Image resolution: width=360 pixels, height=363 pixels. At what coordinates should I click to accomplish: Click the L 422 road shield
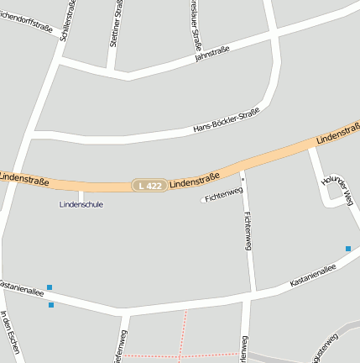[149, 185]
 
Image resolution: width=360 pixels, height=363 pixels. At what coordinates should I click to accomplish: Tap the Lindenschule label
[81, 204]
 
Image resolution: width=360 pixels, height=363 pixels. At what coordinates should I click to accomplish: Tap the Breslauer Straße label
[196, 23]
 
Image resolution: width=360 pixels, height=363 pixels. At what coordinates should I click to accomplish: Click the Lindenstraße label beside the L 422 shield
[194, 179]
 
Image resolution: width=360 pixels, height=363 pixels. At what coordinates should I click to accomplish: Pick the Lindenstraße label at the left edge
[23, 178]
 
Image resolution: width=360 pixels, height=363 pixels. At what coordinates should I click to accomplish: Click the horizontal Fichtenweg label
[222, 195]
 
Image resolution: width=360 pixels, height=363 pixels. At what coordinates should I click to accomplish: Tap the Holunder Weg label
[337, 189]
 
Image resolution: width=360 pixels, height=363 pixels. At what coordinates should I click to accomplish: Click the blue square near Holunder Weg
[347, 248]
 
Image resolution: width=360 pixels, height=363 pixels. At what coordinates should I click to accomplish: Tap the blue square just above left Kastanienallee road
[50, 287]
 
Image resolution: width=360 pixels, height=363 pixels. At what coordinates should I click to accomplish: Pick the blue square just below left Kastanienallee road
[51, 305]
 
